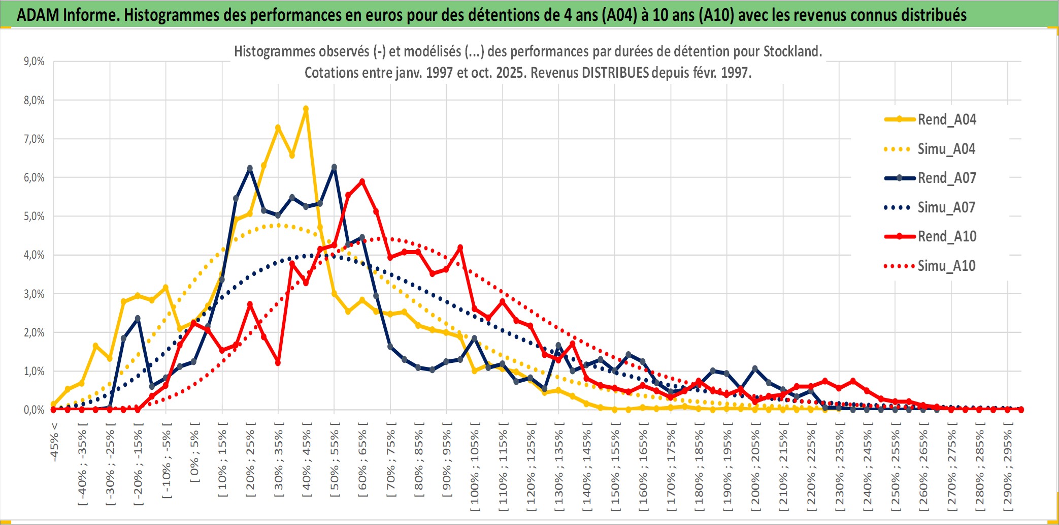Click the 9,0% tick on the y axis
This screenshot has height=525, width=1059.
click(34, 61)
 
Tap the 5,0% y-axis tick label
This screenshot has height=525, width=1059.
click(34, 217)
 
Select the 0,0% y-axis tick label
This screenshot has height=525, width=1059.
click(34, 410)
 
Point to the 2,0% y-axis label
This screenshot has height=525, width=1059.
click(34, 333)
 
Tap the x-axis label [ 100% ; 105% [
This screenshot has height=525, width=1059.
click(475, 468)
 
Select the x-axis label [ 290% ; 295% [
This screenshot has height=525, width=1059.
click(1008, 468)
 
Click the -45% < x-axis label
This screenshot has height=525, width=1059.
click(54, 442)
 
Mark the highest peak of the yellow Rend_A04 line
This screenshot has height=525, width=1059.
click(306, 109)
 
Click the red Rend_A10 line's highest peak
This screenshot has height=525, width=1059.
click(362, 181)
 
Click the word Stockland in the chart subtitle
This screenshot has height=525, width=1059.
click(792, 51)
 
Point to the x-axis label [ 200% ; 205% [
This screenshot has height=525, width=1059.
click(755, 468)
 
